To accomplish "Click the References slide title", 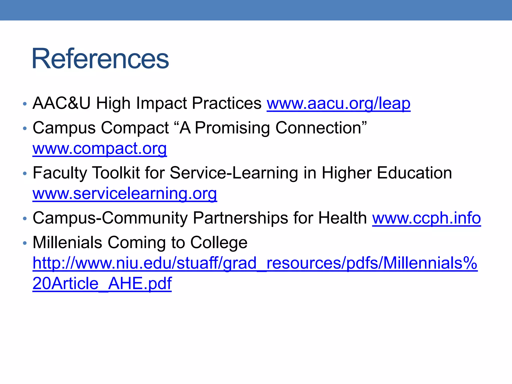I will [x=100, y=59].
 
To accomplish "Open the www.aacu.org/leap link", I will [x=338, y=103].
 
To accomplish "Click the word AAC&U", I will [x=61, y=103].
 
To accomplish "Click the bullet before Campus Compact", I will [x=24, y=128].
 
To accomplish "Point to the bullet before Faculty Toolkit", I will [x=24, y=173].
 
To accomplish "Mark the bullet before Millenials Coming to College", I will [x=24, y=243].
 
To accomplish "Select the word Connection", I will [x=321, y=128].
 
